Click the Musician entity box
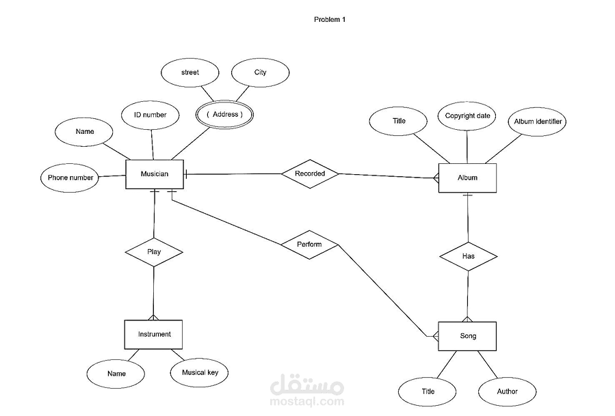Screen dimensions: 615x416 click(155, 174)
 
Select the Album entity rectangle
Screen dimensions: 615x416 click(467, 178)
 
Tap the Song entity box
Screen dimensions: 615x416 click(467, 336)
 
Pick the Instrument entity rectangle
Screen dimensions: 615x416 click(153, 335)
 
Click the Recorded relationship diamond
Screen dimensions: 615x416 click(310, 174)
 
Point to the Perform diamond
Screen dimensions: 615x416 click(309, 245)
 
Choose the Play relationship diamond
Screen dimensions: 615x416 click(154, 252)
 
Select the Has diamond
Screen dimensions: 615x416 click(469, 256)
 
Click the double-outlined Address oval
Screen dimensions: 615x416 click(225, 114)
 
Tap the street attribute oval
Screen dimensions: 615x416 click(189, 72)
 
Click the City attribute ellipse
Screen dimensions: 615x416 click(261, 72)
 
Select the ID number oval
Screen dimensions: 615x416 click(151, 115)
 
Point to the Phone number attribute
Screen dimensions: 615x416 click(70, 178)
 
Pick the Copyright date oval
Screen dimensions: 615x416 click(467, 116)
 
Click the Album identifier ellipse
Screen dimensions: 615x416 click(537, 122)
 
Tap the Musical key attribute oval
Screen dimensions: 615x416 click(199, 372)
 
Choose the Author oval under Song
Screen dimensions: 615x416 click(507, 391)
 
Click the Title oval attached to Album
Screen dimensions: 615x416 click(398, 121)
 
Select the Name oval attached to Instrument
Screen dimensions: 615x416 click(116, 374)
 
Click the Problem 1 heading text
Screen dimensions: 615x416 click(330, 20)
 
